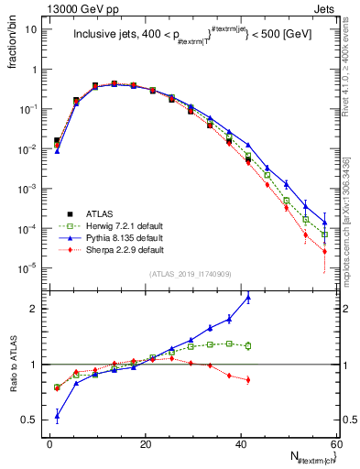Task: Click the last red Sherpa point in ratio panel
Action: tap(248, 379)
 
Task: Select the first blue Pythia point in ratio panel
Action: tap(57, 416)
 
